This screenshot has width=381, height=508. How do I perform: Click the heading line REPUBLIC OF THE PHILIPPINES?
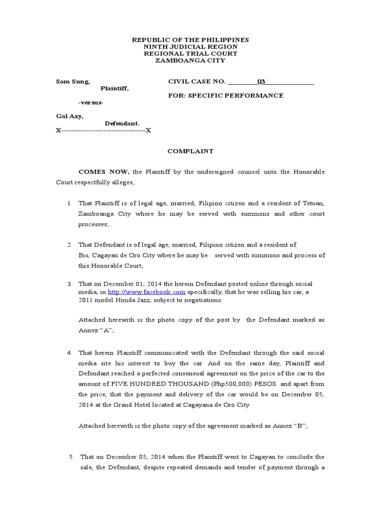click(x=190, y=39)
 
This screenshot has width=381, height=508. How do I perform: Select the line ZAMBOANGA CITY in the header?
click(x=190, y=61)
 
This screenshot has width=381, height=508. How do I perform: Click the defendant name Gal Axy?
click(x=70, y=116)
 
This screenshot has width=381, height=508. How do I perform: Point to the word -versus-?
click(x=91, y=102)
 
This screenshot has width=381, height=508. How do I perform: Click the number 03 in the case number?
click(x=261, y=81)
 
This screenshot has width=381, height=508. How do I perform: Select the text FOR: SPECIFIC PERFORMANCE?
click(x=226, y=95)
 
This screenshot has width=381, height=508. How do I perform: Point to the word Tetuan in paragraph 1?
click(x=313, y=203)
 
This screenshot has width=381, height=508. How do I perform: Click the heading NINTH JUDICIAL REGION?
click(x=190, y=47)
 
